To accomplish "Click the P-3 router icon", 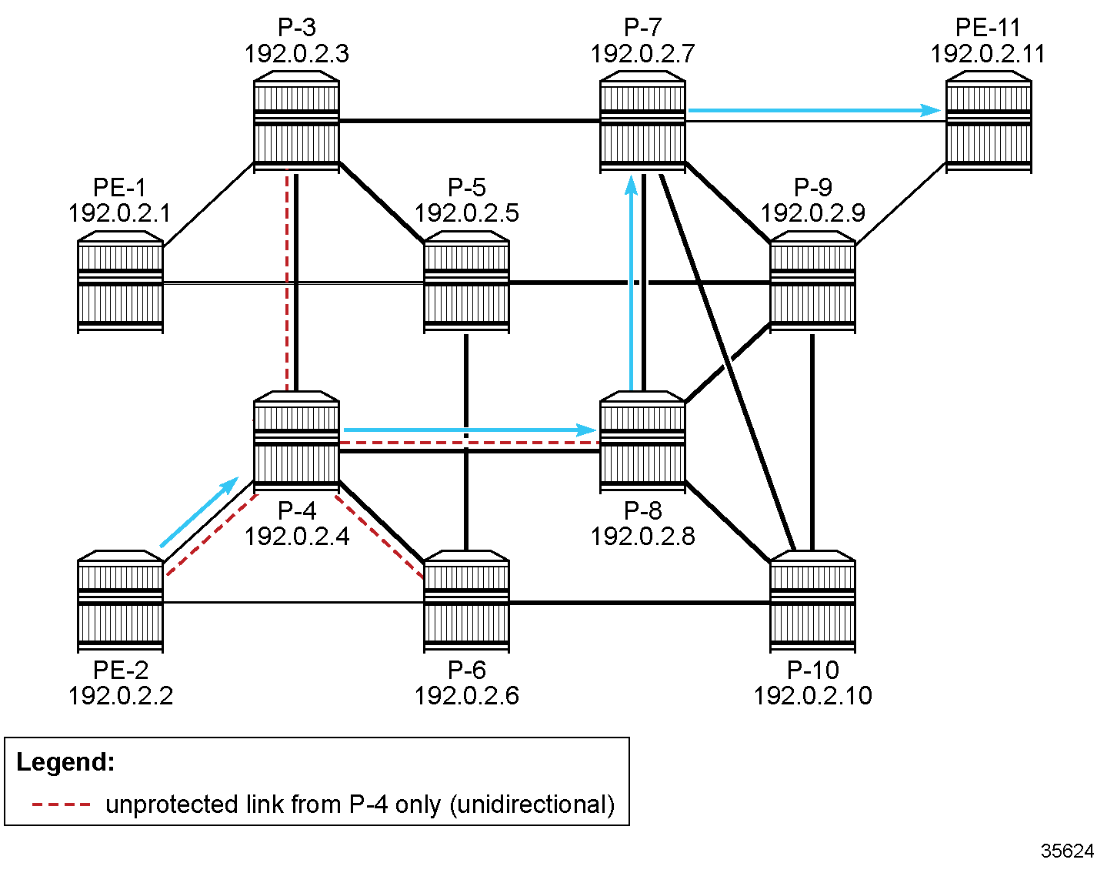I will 296,121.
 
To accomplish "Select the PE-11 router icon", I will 988,121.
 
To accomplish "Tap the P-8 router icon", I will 642,441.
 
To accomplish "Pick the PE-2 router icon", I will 120,600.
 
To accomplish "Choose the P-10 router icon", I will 812,600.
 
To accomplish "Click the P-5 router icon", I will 466,282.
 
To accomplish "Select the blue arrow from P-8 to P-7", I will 632,285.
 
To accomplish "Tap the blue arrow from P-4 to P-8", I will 469,429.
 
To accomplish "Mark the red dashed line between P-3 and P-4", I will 287,277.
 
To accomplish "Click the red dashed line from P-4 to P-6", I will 380,536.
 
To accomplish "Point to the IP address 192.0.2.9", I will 812,213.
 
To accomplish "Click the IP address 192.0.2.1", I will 119,213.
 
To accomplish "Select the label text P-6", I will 466,670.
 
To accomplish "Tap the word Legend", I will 65,762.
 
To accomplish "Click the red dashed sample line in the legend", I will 62,804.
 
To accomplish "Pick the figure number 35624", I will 1066,851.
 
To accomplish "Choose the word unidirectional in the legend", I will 531,804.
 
